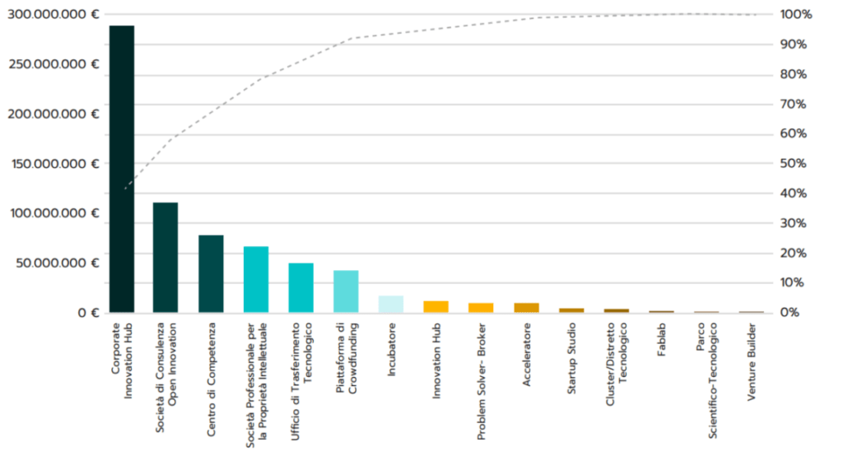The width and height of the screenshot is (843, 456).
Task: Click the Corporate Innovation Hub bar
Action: pyautogui.click(x=122, y=169)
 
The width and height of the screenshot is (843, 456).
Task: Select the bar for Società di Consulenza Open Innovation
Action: pyautogui.click(x=165, y=258)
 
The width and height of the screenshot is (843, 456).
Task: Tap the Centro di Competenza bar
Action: pyautogui.click(x=211, y=274)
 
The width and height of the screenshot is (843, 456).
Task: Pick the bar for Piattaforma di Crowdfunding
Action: pyautogui.click(x=346, y=291)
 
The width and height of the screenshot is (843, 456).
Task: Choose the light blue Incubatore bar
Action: pyautogui.click(x=391, y=304)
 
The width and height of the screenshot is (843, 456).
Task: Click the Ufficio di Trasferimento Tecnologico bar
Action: pyautogui.click(x=301, y=288)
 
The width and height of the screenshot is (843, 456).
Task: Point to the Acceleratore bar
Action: pyautogui.click(x=526, y=308)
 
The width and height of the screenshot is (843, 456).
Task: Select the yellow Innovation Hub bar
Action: pyautogui.click(x=435, y=307)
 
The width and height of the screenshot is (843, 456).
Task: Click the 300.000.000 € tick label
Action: pyautogui.click(x=54, y=15)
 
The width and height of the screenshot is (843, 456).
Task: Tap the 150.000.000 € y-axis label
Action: pyautogui.click(x=54, y=164)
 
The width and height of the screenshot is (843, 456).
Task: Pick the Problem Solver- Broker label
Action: pyautogui.click(x=481, y=370)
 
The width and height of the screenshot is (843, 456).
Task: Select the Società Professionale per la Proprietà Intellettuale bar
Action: pyautogui.click(x=256, y=280)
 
